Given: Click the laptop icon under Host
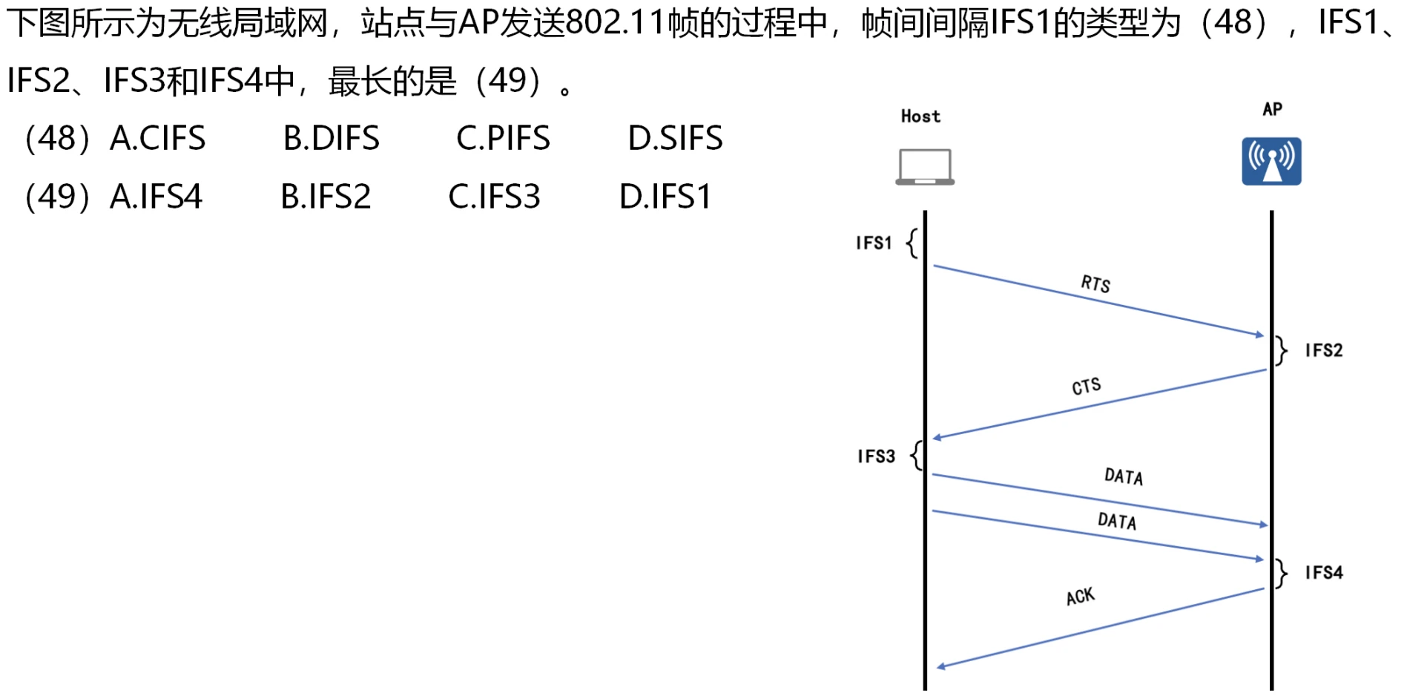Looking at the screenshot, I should point(924,166).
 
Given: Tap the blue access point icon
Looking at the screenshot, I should point(1271,161).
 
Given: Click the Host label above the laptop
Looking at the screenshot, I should point(920,116).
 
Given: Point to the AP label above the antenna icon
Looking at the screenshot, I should point(1272,110).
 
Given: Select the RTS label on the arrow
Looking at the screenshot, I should point(1095,283).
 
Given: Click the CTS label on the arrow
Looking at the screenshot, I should point(1087,386).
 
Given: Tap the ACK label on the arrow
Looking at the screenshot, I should point(1080,596).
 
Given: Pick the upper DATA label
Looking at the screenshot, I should point(1124,476).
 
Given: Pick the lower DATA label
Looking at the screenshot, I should point(1117,521).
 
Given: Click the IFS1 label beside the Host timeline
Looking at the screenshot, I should point(874,243).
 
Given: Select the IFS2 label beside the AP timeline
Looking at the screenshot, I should point(1324,350).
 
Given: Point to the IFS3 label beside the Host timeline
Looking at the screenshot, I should point(876,456).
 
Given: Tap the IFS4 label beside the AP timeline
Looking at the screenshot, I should point(1324,573).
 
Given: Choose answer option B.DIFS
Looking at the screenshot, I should point(331,139).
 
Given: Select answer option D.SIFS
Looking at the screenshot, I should point(675,139).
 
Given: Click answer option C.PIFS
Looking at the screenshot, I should point(503,139).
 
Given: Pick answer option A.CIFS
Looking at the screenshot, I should point(157,139).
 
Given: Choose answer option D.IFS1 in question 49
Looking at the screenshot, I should point(665,197).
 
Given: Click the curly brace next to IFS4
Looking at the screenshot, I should point(1282,573).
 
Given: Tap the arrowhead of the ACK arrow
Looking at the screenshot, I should point(940,667).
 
